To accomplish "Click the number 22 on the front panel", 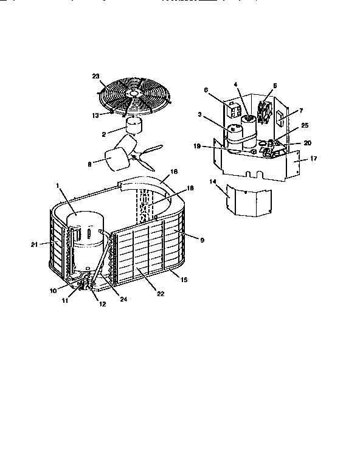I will click(159, 294).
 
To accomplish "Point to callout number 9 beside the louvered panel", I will click(201, 240).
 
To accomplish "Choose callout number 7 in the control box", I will click(293, 112).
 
